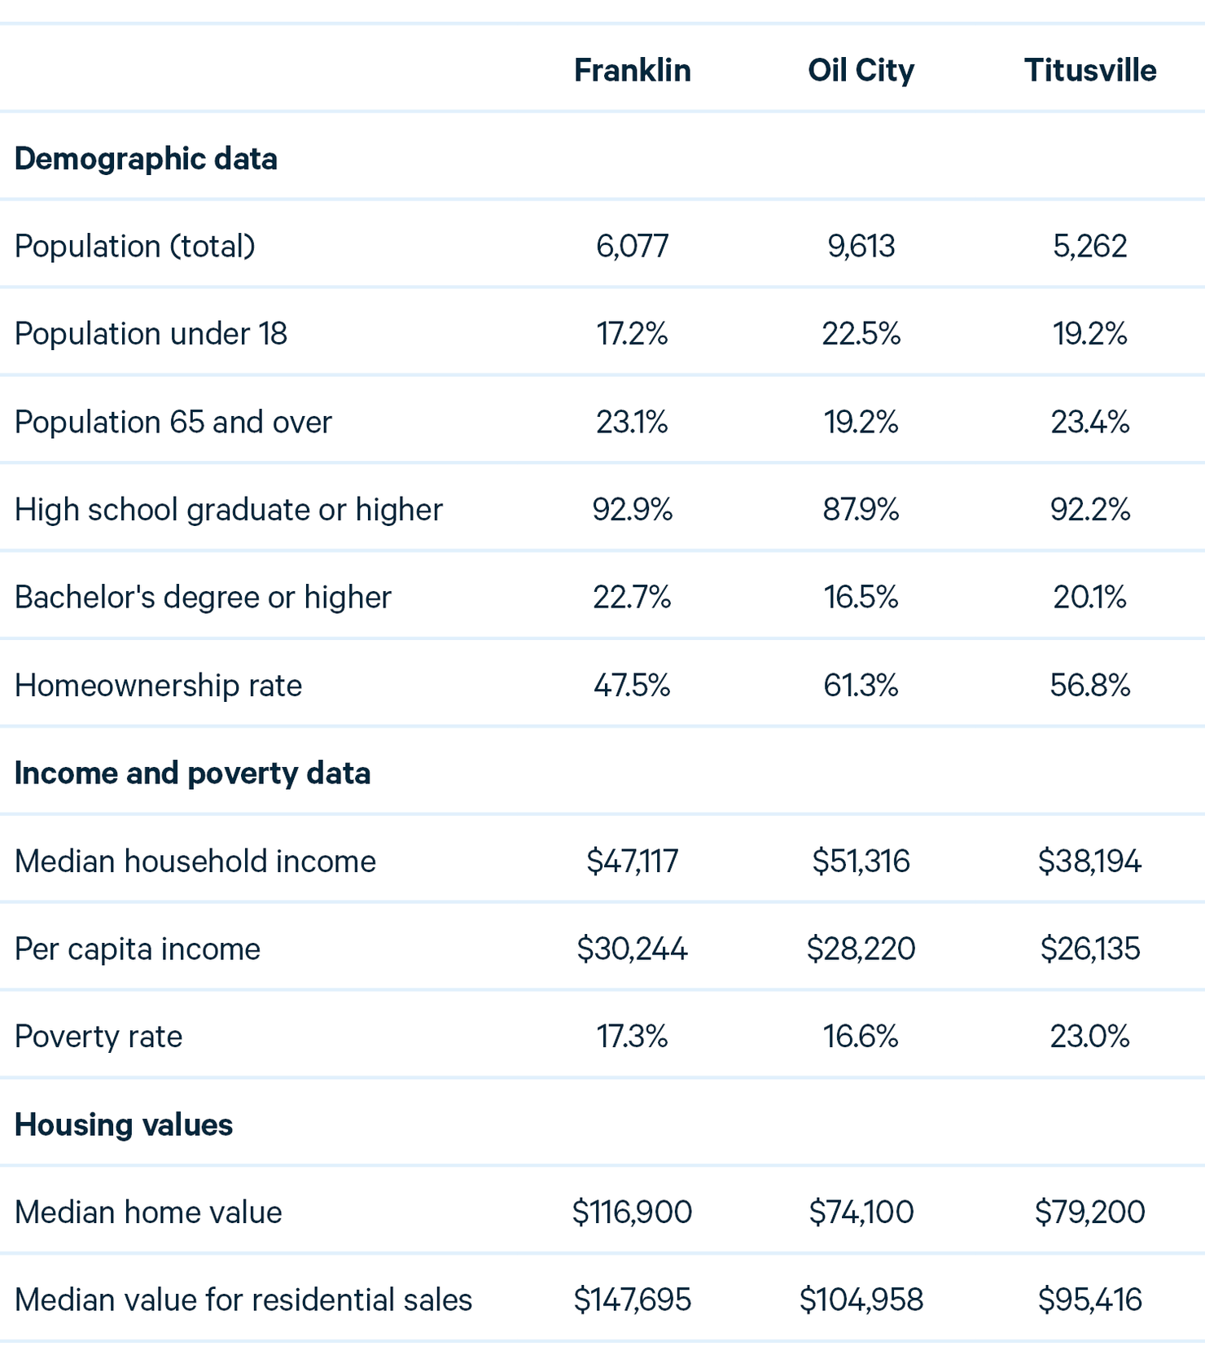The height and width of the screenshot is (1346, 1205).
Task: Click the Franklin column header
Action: pos(633,70)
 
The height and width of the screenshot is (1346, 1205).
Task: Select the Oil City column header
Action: pos(861,71)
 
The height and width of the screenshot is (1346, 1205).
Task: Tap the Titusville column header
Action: pos(1090,70)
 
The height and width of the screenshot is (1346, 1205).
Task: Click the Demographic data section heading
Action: pos(146,159)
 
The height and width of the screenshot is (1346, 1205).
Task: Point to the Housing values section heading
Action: pos(124,1125)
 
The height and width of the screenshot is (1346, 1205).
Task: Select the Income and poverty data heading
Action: pos(193,774)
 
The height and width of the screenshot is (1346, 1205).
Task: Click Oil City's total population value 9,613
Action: pos(861,246)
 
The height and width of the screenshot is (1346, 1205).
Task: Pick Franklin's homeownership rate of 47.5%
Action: pos(633,686)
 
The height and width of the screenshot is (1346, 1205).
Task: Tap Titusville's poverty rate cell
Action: pos(1090,1037)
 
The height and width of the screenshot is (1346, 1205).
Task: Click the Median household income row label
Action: pos(195,862)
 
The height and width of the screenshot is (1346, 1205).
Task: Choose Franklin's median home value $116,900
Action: pos(633,1212)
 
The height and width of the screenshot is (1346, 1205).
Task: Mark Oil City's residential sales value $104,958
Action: pos(861,1300)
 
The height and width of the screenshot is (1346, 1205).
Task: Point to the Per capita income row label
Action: pos(138,949)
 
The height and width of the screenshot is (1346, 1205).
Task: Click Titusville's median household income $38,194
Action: pos(1090,862)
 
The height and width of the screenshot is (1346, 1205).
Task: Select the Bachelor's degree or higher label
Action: pos(203,598)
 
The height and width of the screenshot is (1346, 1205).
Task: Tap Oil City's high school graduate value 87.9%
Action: pos(861,510)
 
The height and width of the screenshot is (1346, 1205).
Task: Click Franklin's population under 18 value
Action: pos(633,334)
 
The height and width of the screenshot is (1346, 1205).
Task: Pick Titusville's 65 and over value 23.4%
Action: pos(1090,422)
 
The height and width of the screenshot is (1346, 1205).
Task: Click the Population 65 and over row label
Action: pos(173,422)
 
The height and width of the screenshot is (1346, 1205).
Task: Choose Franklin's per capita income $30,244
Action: pos(633,949)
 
